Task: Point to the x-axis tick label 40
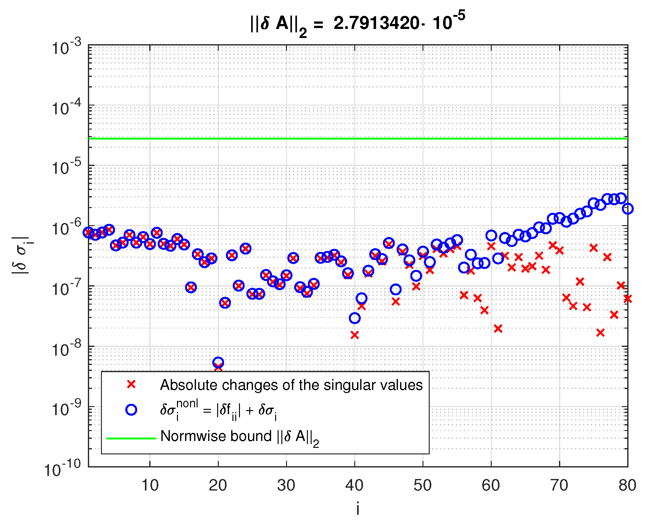[x=354, y=486]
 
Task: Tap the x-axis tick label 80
[x=627, y=486]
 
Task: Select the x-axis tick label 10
[x=150, y=486]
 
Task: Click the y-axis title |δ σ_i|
[x=21, y=255]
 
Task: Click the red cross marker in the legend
[x=131, y=384]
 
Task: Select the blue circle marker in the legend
[x=131, y=410]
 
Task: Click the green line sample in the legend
[x=131, y=438]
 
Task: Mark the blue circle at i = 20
[x=218, y=362]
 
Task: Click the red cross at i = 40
[x=355, y=335]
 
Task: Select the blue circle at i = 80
[x=628, y=209]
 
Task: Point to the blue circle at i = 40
[x=355, y=318]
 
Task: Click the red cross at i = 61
[x=498, y=328]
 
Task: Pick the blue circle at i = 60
[x=491, y=235]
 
